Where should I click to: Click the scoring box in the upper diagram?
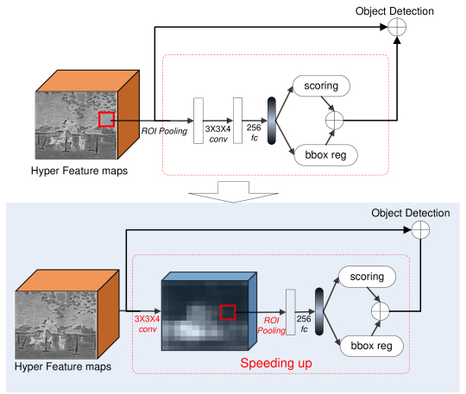coord(321,86)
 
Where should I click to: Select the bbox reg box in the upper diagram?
coord(325,155)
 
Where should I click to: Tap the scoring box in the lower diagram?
coord(367,277)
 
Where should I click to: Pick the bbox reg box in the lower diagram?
coord(371,346)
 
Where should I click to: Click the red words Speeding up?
coord(276,363)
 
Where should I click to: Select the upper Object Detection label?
coord(394,11)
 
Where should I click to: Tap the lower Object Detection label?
coord(411,213)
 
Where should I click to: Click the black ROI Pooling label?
coord(164,131)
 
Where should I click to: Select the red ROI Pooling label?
coord(271,325)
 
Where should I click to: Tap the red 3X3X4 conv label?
coord(147,324)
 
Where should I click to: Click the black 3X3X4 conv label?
coord(217,134)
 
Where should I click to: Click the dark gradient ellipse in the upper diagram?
coord(272,121)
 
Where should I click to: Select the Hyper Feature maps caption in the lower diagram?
coord(63,366)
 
